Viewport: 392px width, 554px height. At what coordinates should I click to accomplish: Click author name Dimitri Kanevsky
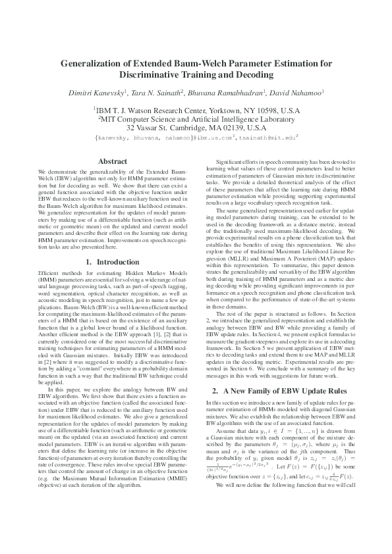97,93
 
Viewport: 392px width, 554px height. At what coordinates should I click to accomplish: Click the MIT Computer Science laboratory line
196,119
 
